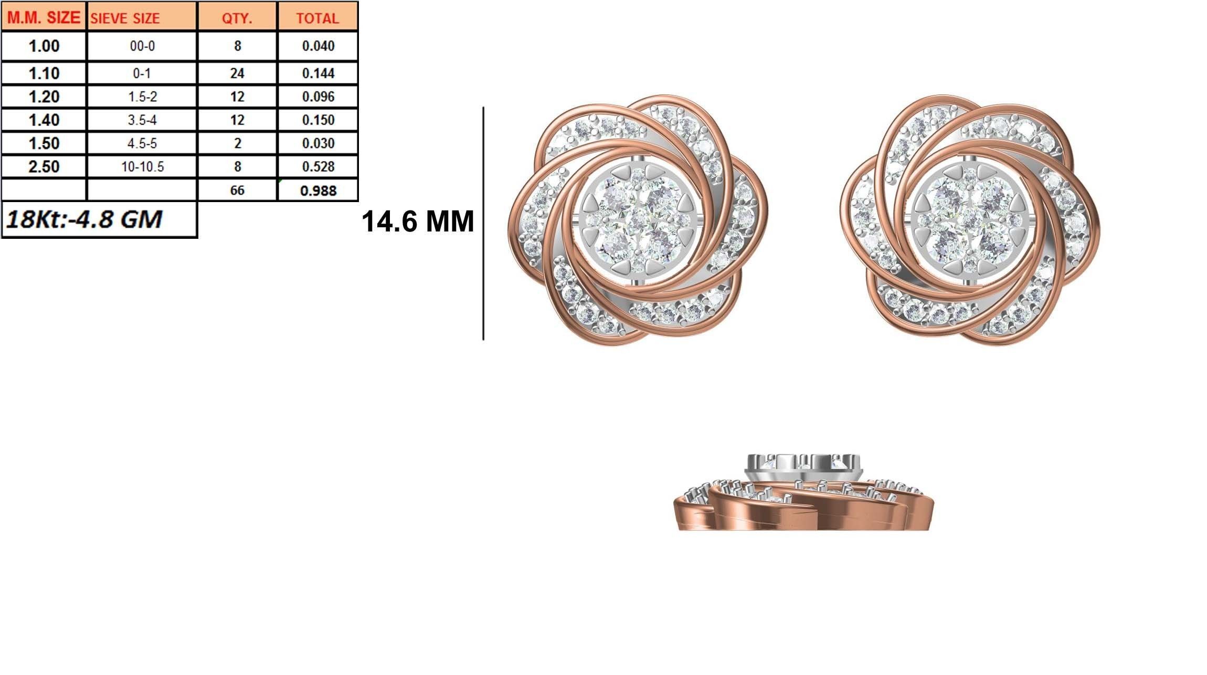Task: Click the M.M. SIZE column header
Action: click(44, 18)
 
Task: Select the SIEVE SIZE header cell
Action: click(125, 18)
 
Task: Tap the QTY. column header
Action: click(237, 18)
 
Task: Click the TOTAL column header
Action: click(317, 18)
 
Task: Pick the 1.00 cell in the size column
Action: click(44, 46)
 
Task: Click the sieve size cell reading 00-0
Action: click(142, 46)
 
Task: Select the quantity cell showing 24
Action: click(237, 73)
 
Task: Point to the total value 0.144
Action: click(318, 73)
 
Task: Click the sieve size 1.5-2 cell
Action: click(142, 97)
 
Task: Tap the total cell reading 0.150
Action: click(318, 120)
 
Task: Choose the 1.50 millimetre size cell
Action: click(44, 143)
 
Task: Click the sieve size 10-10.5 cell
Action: click(142, 167)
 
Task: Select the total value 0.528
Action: click(318, 167)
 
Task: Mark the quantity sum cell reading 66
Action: click(237, 190)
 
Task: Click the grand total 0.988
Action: click(318, 190)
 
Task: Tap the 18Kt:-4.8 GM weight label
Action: click(84, 219)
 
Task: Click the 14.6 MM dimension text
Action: click(418, 221)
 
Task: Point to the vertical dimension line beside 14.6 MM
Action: click(483, 223)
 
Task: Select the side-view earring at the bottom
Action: click(803, 493)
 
